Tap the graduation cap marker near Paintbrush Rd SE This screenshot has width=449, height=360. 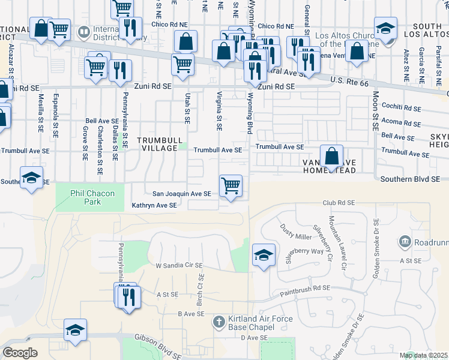264,255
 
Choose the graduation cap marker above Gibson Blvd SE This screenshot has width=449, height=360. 76,330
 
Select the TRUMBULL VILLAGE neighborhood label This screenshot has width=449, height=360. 158,144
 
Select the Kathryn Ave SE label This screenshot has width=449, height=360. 154,205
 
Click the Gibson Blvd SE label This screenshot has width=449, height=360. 157,340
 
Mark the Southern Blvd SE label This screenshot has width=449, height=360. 410,179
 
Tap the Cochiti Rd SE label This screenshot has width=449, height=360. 402,108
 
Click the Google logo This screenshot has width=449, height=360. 20,352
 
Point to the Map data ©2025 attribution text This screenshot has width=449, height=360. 423,355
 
